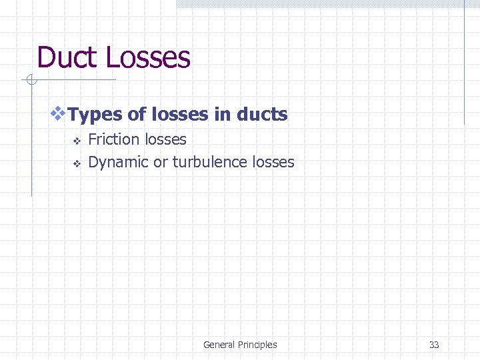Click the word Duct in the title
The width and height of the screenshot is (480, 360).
67,57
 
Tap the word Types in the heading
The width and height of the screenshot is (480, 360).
95,115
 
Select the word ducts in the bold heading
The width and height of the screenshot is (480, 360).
262,115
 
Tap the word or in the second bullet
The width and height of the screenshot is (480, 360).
161,162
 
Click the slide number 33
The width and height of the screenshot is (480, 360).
434,345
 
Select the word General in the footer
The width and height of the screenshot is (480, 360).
219,345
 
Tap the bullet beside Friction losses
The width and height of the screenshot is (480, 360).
77,141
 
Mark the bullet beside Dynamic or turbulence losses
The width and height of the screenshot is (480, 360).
77,163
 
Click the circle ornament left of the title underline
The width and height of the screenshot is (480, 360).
30,81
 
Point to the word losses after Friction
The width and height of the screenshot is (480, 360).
165,140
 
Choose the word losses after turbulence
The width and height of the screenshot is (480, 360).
273,162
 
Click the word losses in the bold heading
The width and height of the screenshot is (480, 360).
180,115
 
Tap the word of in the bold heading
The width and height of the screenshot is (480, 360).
137,115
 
